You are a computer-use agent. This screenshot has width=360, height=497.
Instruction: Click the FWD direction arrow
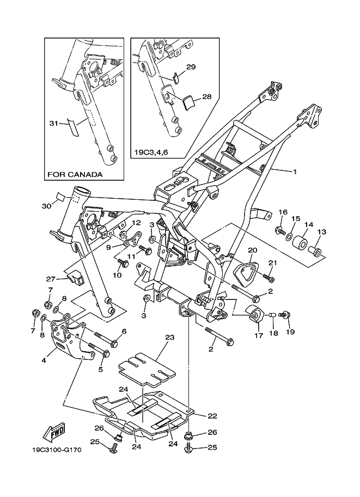click(x=56, y=433)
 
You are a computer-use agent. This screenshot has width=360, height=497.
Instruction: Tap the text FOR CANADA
click(x=75, y=175)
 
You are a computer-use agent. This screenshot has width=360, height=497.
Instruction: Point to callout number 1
click(x=295, y=172)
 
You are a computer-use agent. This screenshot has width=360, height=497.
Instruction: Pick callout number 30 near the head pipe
click(x=46, y=206)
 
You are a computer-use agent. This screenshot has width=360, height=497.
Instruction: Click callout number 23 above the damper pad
click(x=169, y=338)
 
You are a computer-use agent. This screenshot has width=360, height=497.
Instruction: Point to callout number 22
click(x=212, y=415)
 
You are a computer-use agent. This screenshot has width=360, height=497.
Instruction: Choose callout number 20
click(x=252, y=251)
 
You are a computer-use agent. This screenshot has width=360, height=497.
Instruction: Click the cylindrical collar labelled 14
click(x=300, y=242)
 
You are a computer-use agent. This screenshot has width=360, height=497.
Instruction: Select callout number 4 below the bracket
click(x=42, y=360)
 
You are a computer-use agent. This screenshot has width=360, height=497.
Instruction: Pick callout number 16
click(x=283, y=212)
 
